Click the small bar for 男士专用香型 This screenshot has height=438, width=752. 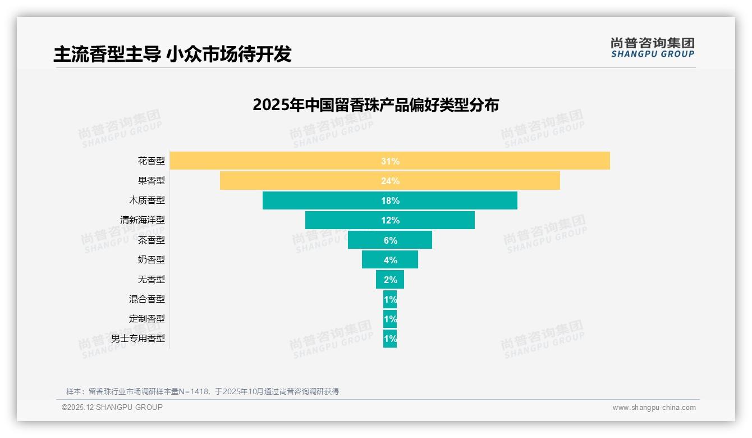pos(390,339)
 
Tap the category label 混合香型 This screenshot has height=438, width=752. pos(147,299)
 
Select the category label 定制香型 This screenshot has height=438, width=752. pos(147,318)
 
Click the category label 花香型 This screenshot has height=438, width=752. pos(152,161)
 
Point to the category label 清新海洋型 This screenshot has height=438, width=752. pos(143,220)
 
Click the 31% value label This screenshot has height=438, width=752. pos(390,161)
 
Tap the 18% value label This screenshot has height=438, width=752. pos(390,200)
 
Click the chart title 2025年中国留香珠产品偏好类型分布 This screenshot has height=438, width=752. pos(375,105)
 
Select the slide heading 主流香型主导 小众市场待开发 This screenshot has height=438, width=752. pos(172,54)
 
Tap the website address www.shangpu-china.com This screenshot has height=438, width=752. pos(654,408)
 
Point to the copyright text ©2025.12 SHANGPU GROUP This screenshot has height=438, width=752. pos(112,407)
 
